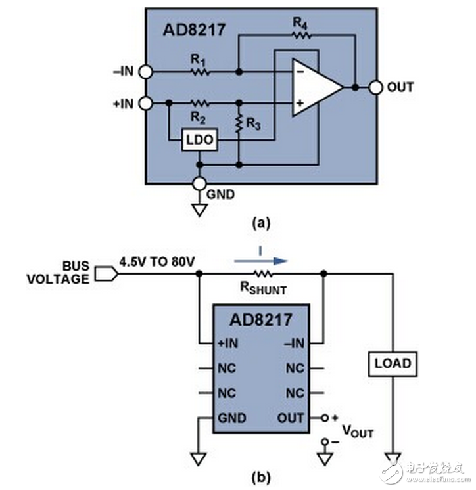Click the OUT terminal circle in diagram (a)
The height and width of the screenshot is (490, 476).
coord(375,87)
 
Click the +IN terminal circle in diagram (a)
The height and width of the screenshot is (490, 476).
coord(145,103)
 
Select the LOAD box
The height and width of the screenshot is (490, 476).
coord(393,363)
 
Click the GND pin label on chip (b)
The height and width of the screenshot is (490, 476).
coord(232,418)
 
